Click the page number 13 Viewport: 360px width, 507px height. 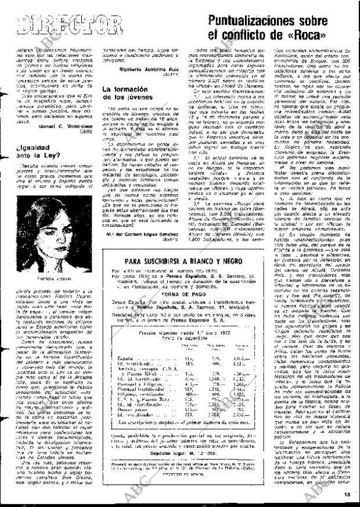pos(347,494)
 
